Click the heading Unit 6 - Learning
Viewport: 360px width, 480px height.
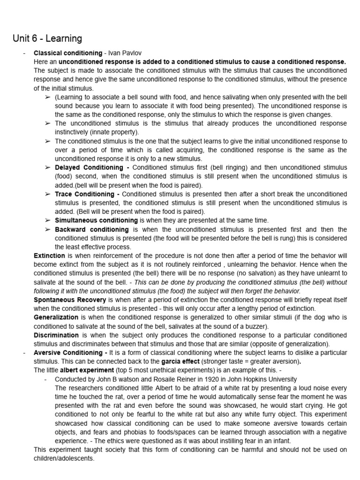(47, 38)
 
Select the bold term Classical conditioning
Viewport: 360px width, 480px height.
(68, 53)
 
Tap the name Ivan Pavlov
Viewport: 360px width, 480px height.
(125, 53)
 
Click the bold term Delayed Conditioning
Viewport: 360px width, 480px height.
(89, 167)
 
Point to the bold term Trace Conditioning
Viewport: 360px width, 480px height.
(84, 194)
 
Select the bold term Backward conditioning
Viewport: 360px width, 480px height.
(92, 229)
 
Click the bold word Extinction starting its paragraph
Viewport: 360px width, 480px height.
(49, 255)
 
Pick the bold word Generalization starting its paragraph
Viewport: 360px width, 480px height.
(55, 317)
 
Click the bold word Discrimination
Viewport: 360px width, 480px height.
(56, 335)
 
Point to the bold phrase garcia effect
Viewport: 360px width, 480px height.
(182, 361)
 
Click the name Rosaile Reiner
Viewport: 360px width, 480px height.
(164, 379)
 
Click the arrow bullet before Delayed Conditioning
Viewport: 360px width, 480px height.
(47, 167)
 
